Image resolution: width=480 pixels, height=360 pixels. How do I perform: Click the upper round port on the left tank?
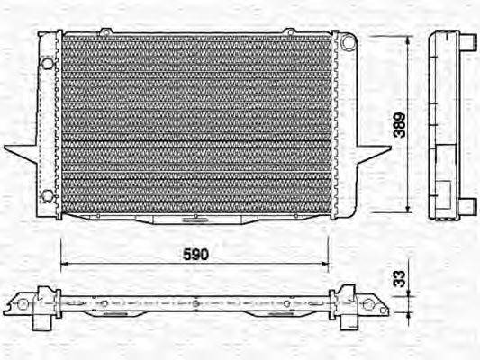point(47,64)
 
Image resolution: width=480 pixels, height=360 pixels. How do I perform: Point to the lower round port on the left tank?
point(47,195)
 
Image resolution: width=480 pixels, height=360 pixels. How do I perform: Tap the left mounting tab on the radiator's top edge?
point(105,33)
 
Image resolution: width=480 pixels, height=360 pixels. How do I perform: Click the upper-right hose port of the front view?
point(347,42)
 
